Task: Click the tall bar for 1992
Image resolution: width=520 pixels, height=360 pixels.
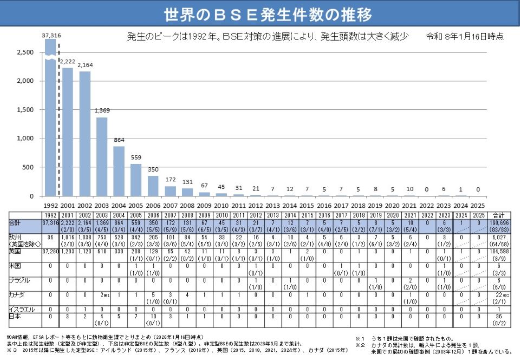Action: pyautogui.click(x=50, y=119)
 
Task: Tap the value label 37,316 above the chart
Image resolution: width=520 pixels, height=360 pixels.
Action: pyautogui.click(x=51, y=35)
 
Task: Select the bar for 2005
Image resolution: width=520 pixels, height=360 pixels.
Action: pyautogui.click(x=136, y=179)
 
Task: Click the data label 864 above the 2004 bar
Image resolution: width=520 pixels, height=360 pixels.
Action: pyautogui.click(x=119, y=140)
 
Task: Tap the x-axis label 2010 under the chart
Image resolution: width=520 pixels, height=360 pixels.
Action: pyautogui.click(x=222, y=205)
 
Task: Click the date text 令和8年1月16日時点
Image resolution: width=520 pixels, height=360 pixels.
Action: pyautogui.click(x=465, y=36)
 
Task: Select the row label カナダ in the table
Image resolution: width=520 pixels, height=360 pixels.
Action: pyautogui.click(x=17, y=294)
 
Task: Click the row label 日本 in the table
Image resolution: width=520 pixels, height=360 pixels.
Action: pyautogui.click(x=15, y=315)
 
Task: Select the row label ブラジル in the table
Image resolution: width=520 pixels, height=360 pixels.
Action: pyautogui.click(x=19, y=280)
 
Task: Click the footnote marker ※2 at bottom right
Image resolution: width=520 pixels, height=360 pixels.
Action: pyautogui.click(x=360, y=345)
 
